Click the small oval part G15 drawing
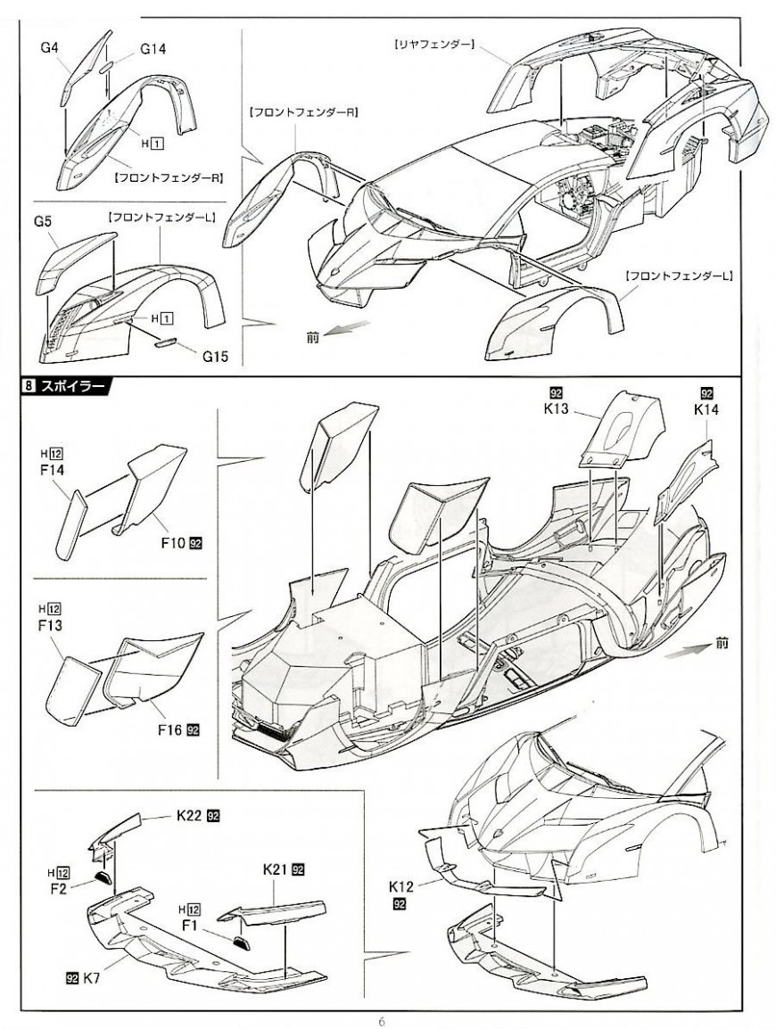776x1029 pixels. [x=168, y=341]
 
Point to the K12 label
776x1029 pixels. [x=402, y=888]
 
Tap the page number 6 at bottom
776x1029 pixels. [x=381, y=1022]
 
